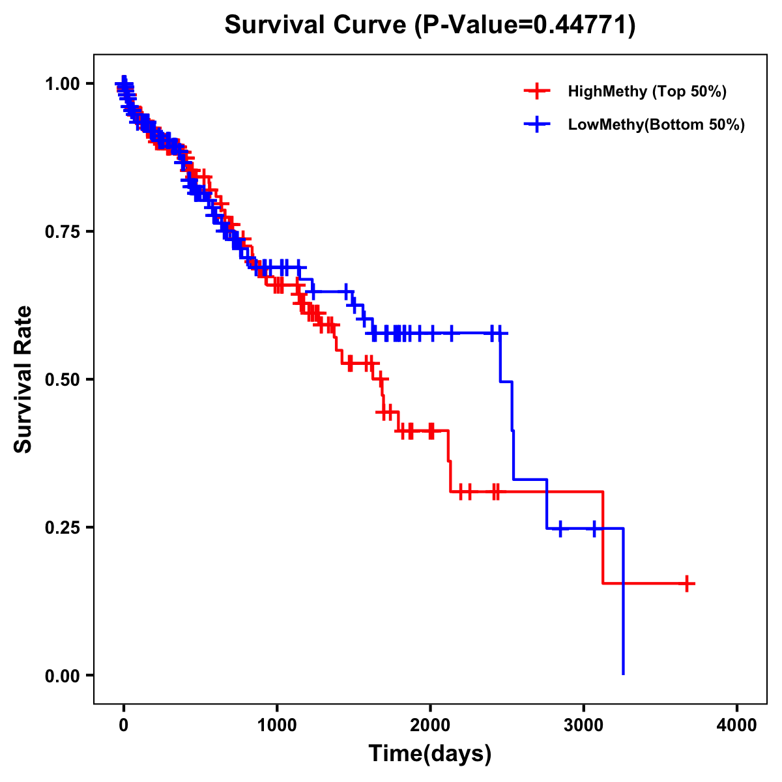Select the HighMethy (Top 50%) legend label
click(647, 91)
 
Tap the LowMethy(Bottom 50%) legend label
click(656, 124)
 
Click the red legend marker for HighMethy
click(537, 91)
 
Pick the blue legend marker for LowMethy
click(537, 124)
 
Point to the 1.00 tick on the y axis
click(62, 84)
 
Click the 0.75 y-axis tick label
click(62, 232)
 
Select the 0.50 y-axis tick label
click(62, 380)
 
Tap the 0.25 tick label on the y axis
click(62, 527)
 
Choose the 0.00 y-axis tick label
click(62, 675)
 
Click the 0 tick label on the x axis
click(124, 725)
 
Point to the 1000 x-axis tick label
click(277, 725)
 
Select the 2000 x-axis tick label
click(430, 725)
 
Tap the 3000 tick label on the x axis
click(584, 725)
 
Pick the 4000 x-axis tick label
click(737, 725)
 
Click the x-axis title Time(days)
click(430, 754)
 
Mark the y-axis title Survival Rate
click(23, 379)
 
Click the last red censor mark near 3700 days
click(687, 583)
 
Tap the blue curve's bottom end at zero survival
click(624, 673)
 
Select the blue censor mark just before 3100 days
click(594, 528)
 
